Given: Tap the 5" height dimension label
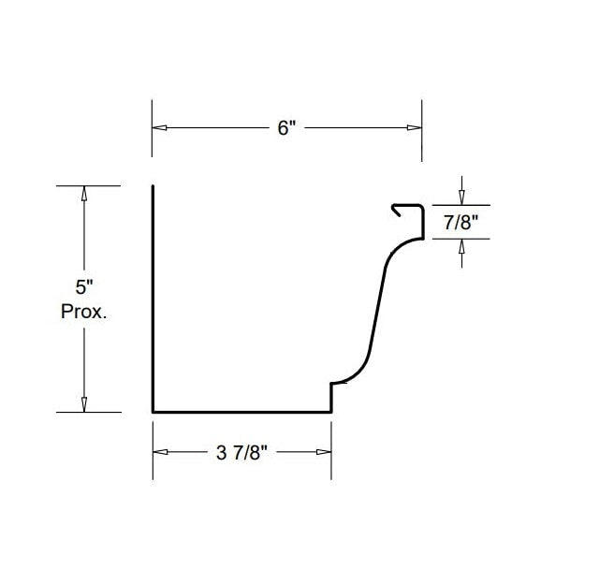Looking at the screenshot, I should click(x=85, y=287).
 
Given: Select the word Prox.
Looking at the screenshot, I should click(x=84, y=312).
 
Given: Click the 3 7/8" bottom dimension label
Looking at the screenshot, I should click(x=241, y=453).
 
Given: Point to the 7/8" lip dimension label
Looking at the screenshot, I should click(x=462, y=222).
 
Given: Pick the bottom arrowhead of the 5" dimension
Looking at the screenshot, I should click(x=84, y=404).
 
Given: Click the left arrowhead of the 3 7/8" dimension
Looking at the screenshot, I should click(x=159, y=452).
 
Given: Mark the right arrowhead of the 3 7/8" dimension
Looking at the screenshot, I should click(x=324, y=452).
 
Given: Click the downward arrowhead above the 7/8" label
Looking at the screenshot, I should click(x=462, y=197).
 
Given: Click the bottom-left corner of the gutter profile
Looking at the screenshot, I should click(x=153, y=410).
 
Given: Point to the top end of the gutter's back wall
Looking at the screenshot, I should click(x=153, y=188).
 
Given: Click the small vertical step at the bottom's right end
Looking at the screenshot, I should click(x=331, y=397).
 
